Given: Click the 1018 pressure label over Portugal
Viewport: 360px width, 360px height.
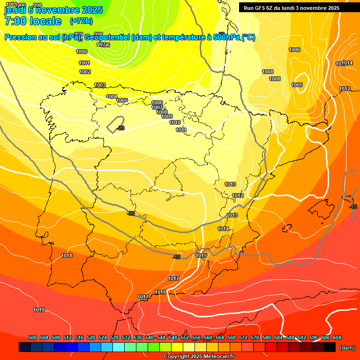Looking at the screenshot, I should tap(67, 255).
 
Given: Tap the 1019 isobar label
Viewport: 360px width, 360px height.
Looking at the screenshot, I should tap(39, 310).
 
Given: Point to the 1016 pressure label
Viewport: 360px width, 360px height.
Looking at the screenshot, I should tap(160, 292).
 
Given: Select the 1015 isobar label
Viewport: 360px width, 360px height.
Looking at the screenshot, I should tap(201, 255).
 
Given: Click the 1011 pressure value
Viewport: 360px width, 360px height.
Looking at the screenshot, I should tap(181, 130).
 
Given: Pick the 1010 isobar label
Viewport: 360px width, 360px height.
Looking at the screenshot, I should tap(175, 122).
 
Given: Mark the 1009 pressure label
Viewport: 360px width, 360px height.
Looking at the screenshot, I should tap(167, 116).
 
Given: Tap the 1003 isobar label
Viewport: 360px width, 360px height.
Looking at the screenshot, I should tap(100, 85).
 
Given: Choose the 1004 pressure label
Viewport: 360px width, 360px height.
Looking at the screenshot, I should tap(112, 97).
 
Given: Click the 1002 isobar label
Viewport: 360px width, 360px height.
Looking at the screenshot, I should tap(85, 72).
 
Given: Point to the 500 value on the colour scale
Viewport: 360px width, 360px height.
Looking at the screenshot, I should tap(32, 337).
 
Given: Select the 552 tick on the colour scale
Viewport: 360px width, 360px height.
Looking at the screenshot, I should tap(185, 337).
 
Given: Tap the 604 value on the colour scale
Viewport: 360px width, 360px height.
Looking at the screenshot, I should tap(337, 337).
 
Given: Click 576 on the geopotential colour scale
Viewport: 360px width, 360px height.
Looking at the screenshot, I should tap(255, 337).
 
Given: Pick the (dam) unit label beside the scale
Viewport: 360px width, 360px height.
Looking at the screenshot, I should tap(347, 348).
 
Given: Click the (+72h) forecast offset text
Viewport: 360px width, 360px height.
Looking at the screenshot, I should tap(81, 21).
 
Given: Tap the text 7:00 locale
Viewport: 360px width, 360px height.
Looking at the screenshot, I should tap(33, 21).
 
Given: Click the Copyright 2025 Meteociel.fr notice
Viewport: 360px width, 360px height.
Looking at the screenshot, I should tap(199, 357).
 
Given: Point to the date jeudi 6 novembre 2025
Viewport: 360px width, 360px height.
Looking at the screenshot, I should tap(53, 9).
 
